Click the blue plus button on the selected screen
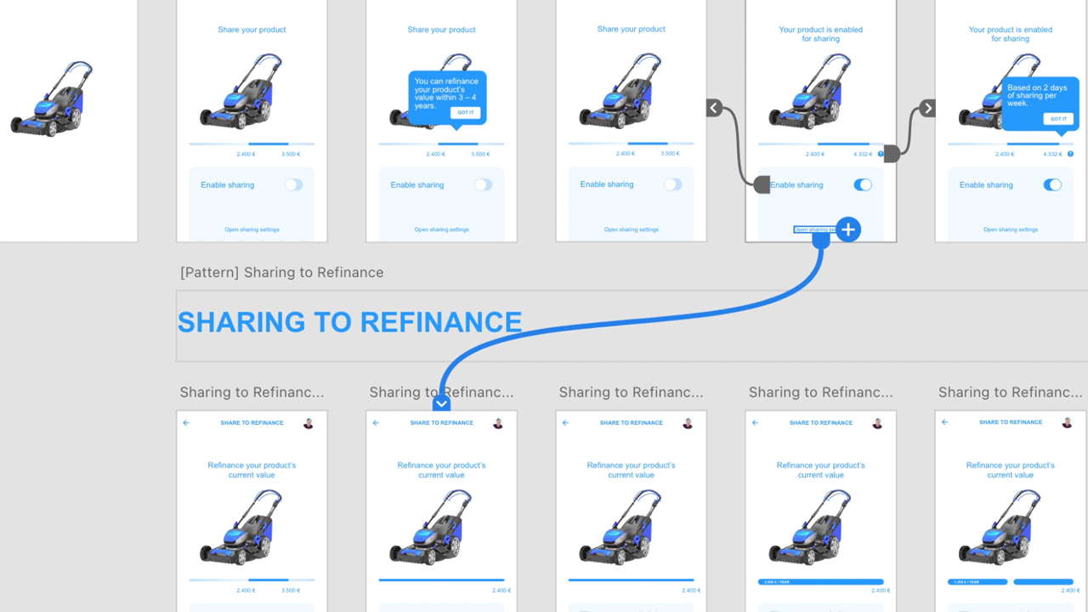coord(848,229)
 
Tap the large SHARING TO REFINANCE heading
coord(349,322)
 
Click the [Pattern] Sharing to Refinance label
coord(281,273)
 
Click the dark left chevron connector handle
coord(714,108)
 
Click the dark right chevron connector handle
coord(927,108)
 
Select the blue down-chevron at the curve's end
coord(441,403)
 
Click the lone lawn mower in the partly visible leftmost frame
coord(52,99)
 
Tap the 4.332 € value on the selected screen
coord(861,154)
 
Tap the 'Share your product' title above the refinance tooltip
coord(441,30)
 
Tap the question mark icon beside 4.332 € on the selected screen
coord(881,154)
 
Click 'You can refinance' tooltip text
coord(446,93)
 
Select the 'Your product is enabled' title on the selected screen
coord(820,34)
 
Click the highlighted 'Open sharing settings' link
coord(814,229)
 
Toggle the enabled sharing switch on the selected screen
coord(862,184)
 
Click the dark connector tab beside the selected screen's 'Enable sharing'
coord(762,184)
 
